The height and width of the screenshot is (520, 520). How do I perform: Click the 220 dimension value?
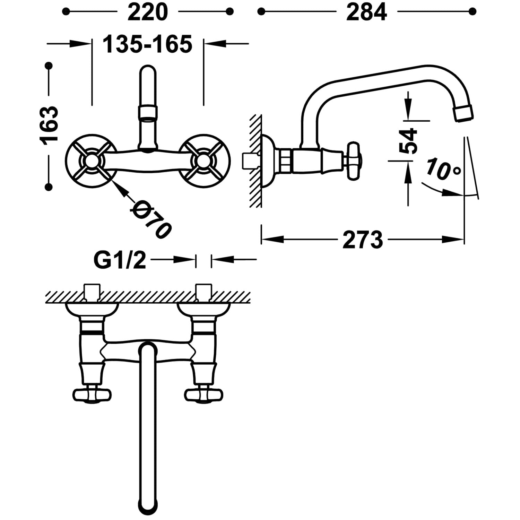[x=148, y=13]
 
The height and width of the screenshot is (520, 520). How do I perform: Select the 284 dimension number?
[x=366, y=13]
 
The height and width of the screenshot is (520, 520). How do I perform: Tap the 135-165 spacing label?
[x=148, y=44]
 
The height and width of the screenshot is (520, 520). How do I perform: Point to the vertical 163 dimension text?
[x=49, y=126]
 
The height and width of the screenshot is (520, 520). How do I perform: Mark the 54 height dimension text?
[x=408, y=141]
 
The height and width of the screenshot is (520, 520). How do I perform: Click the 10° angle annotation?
[x=444, y=169]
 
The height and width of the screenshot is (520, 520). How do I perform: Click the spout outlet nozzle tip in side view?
[x=463, y=114]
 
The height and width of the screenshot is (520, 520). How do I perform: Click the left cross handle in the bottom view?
[x=92, y=394]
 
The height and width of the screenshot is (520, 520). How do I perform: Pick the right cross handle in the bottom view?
[x=203, y=394]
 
